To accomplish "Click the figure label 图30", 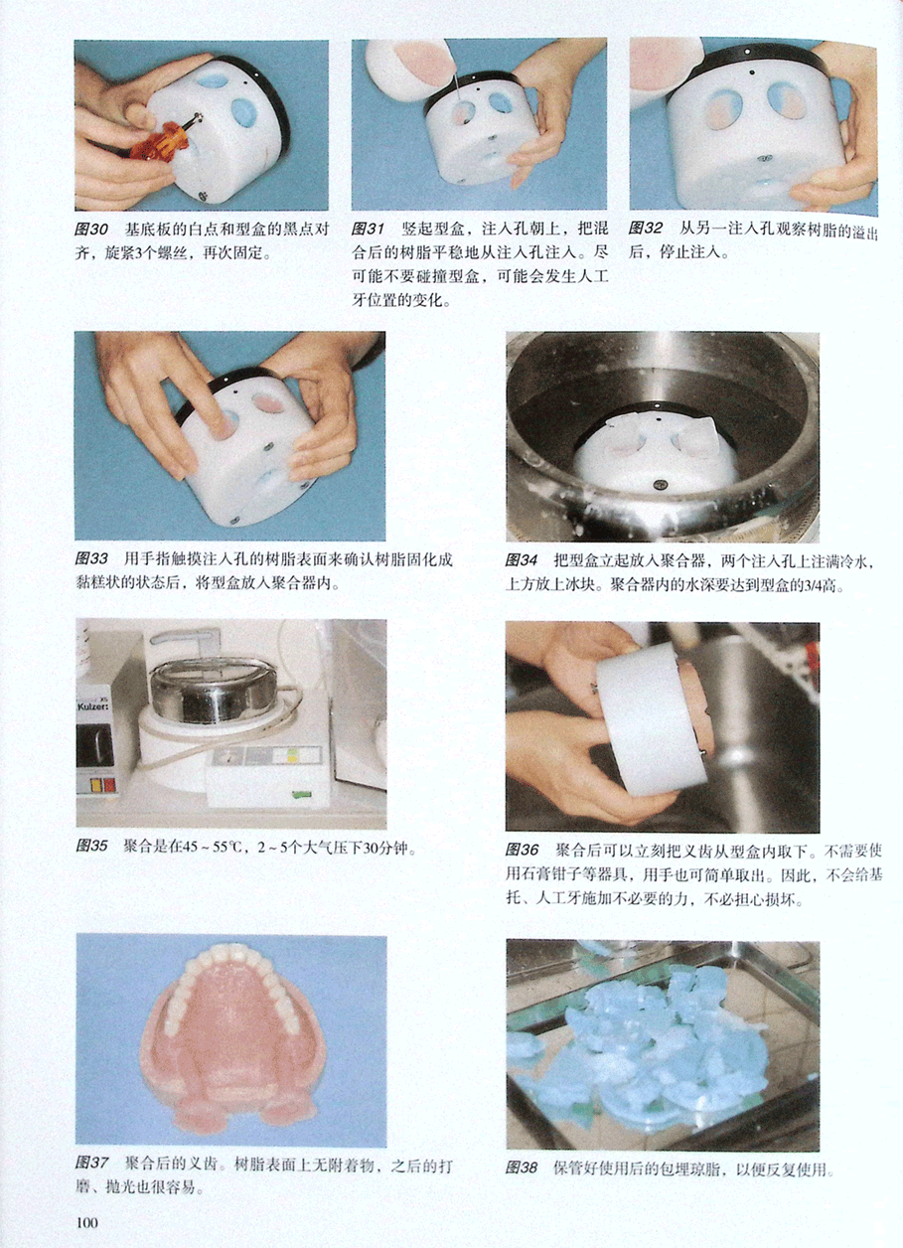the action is tap(90, 230).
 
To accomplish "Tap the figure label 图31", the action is tap(368, 229).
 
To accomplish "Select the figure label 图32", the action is tap(645, 229).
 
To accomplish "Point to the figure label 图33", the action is tap(91, 558).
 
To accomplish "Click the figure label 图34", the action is tap(521, 560).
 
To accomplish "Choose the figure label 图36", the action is tap(522, 850).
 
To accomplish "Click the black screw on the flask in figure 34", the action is tap(663, 486).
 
